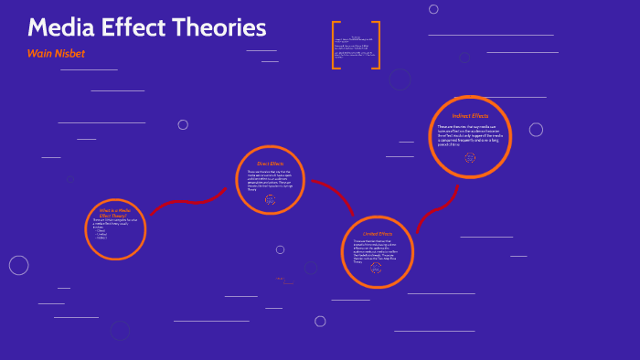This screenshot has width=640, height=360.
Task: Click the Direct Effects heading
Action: [x=271, y=163]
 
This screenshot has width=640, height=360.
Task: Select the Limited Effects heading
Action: [x=378, y=234]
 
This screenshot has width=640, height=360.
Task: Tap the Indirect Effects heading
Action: [x=470, y=116]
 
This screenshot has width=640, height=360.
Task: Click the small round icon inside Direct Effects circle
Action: [x=270, y=198]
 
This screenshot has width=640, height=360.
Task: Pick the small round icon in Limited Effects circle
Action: [x=377, y=269]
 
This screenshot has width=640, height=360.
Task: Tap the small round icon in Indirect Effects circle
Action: [x=470, y=157]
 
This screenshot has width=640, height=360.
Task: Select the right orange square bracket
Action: [x=378, y=45]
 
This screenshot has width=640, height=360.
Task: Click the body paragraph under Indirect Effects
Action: [x=470, y=136]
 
